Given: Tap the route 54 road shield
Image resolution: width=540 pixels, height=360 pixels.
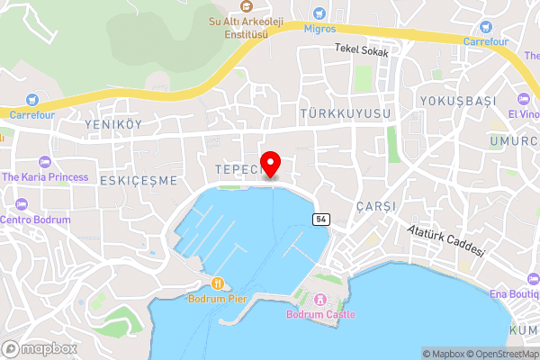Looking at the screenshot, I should point(320,220).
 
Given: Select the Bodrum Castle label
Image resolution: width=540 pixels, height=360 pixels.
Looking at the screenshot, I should point(320,314).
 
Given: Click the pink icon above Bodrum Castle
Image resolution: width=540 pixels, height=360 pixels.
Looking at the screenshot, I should point(320,299).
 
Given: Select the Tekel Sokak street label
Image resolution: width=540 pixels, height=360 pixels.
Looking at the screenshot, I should point(362,52).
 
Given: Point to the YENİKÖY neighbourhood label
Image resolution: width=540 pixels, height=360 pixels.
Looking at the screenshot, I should point(112,124).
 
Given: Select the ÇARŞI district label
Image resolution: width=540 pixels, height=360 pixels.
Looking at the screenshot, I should point(376,206).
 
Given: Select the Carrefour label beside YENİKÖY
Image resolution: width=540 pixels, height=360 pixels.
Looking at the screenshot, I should point(32,115).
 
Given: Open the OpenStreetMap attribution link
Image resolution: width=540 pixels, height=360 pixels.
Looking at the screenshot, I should point(505,354).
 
